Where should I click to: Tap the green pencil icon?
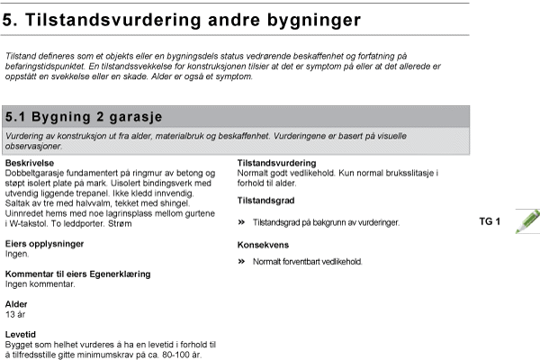coord(527,220)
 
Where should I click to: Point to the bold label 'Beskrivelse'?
coord(30,163)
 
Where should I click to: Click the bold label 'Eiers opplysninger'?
coord(44,244)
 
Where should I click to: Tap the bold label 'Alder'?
coord(16,304)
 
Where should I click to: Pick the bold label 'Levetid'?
coord(20,334)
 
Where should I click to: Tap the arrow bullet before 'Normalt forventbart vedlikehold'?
coord(241,262)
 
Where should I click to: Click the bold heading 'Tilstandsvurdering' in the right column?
coord(275,163)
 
